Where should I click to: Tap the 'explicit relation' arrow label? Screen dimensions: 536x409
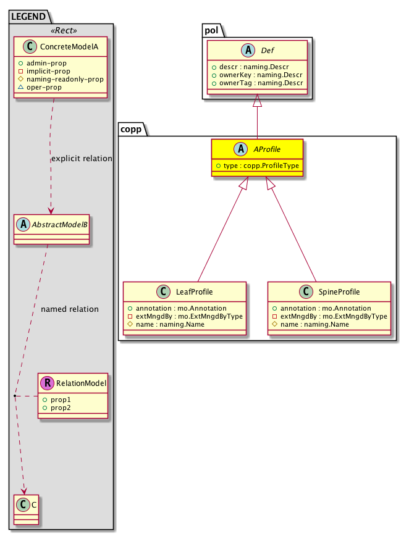[82, 159]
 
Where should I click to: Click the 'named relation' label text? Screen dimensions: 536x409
[69, 309]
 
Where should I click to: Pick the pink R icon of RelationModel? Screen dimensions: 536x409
[47, 383]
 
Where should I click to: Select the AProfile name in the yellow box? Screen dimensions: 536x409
[267, 149]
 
